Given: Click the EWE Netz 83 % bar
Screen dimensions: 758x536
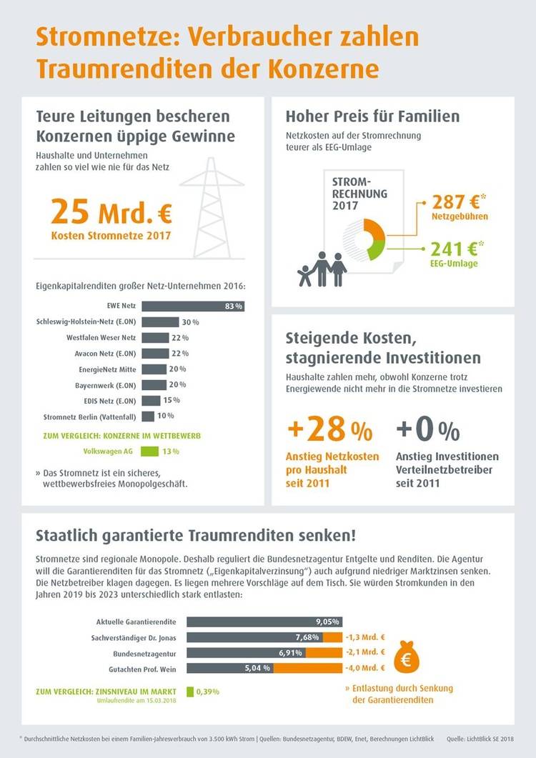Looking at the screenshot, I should tap(193, 306).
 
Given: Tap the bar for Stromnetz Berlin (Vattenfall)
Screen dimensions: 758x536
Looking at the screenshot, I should tap(148, 416).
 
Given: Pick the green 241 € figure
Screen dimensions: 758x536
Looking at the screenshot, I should tap(454, 249).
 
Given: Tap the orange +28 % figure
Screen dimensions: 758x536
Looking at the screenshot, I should tap(329, 431).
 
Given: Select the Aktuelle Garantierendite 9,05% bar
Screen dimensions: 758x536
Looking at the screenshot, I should tap(264, 622).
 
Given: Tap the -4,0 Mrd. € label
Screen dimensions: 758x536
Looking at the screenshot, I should tap(365, 668).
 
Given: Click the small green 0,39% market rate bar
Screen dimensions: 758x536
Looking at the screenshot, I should tap(190, 691).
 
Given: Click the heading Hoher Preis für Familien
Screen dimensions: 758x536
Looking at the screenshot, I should tap(372, 116).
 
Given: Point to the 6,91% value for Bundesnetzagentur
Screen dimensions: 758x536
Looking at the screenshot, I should tap(289, 653).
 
